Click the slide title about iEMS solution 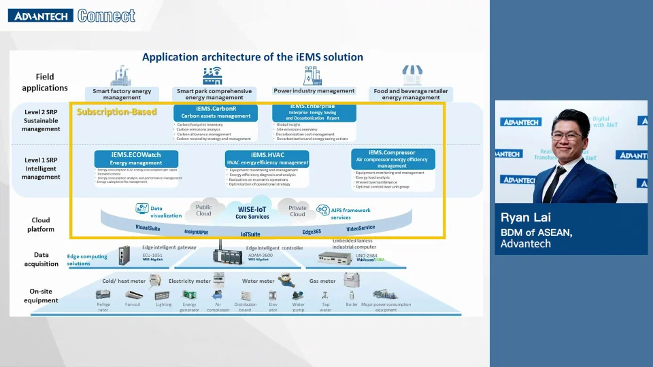(x=252, y=57)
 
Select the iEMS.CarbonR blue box (x=215, y=112)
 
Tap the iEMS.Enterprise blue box (x=314, y=113)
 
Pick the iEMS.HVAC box (x=267, y=158)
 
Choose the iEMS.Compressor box (x=392, y=159)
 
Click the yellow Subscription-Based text (x=117, y=111)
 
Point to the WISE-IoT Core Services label (x=252, y=213)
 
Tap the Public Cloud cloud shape (x=203, y=211)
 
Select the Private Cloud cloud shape (x=298, y=211)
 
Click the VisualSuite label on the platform (x=148, y=228)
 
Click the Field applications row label (x=45, y=82)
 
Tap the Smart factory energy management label (x=122, y=94)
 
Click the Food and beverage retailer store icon (x=411, y=74)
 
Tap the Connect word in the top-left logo (x=106, y=16)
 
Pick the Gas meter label (x=322, y=281)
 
